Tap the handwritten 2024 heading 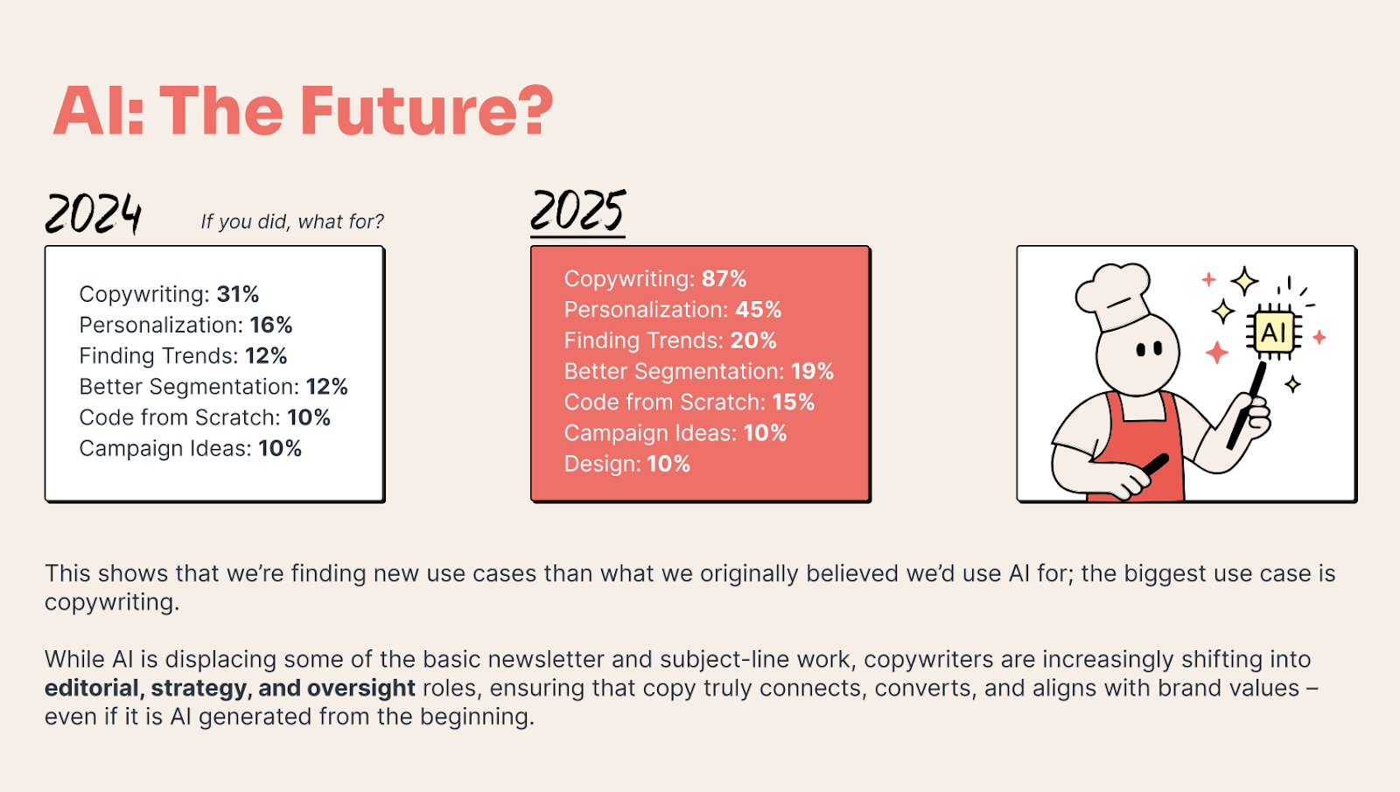point(93,214)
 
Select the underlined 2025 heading point(577,211)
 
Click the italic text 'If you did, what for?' point(292,221)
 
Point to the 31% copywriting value point(238,294)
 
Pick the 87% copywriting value point(724,279)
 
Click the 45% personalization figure point(758,310)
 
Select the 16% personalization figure point(271,326)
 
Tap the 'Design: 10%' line point(626,464)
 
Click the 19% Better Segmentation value point(812,372)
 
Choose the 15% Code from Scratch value point(793,403)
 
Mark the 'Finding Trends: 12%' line point(183,356)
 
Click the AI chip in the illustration point(1273,332)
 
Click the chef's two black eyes point(1149,349)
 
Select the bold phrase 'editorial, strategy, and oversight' point(229,688)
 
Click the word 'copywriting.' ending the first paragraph point(112,603)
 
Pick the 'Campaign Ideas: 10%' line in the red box point(675,433)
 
